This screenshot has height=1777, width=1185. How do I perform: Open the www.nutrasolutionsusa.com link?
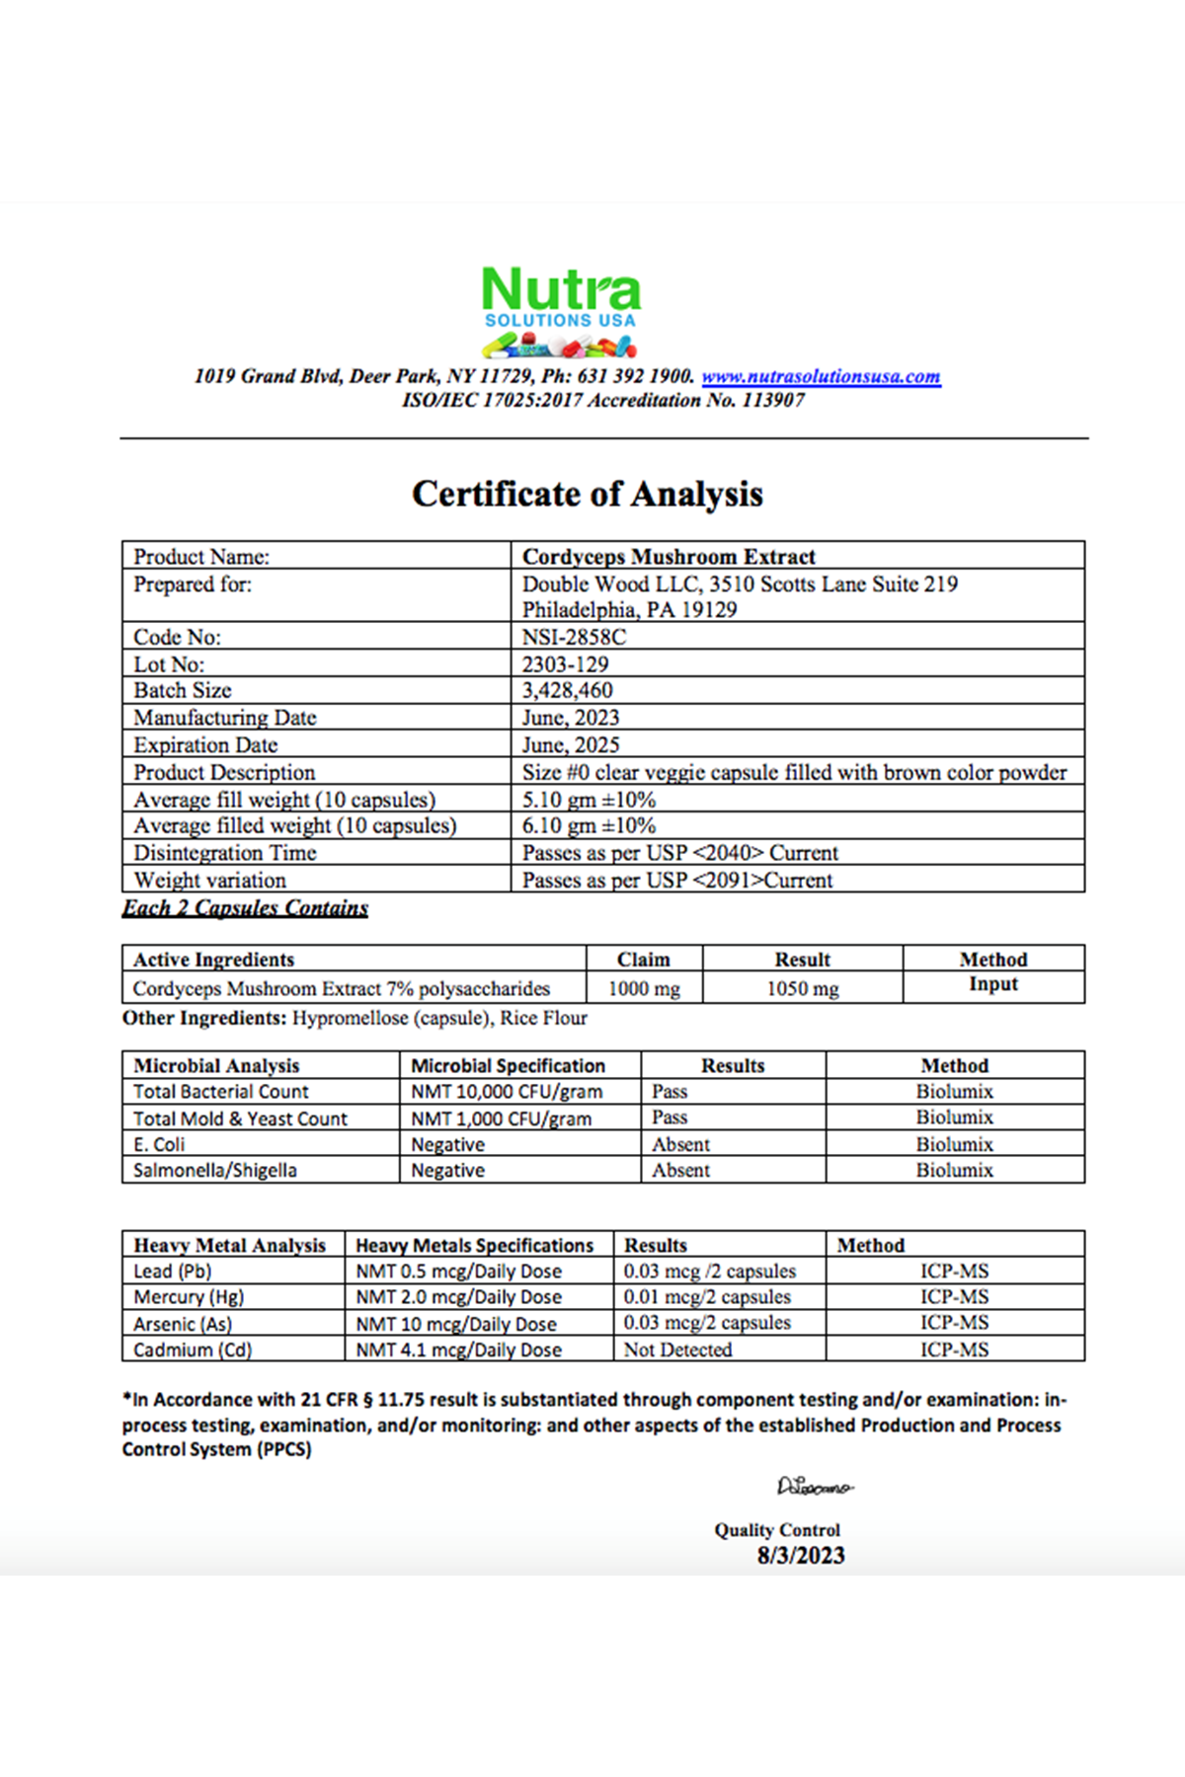point(821,376)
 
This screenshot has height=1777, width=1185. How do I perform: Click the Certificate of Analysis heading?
point(588,494)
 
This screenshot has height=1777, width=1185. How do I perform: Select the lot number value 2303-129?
point(565,664)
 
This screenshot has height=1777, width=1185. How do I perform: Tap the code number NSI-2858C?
point(574,637)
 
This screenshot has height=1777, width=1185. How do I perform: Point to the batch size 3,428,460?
point(567,690)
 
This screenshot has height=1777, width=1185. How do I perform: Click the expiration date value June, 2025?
point(571,745)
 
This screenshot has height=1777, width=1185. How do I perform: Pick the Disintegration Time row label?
point(225,853)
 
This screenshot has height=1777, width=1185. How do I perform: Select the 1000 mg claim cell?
point(644,988)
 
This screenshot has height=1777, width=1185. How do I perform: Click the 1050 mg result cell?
point(803,988)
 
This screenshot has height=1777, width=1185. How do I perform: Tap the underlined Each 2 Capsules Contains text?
point(245,908)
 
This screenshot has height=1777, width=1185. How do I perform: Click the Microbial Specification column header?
point(508,1065)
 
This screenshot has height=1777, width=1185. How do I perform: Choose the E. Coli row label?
point(159,1144)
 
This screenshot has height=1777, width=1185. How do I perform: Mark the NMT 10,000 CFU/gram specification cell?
point(507,1092)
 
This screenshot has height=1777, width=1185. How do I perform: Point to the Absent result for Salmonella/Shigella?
point(680,1170)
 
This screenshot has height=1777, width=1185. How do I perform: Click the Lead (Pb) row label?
point(173,1272)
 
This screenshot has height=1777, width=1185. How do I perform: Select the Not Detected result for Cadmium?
point(677,1350)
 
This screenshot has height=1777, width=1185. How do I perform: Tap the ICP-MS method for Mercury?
point(954,1297)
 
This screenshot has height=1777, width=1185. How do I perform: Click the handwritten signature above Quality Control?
point(815,1486)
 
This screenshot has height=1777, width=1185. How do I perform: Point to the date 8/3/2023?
point(801,1556)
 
